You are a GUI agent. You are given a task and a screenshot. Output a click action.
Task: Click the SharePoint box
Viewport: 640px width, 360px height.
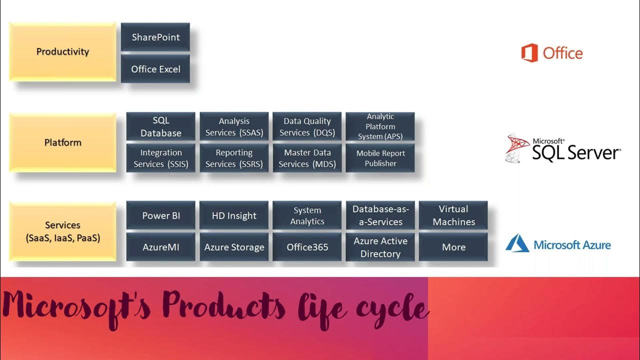(155, 37)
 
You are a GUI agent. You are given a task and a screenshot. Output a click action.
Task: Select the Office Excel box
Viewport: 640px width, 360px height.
(155, 69)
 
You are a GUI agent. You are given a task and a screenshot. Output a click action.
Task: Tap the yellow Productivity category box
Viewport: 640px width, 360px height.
(62, 51)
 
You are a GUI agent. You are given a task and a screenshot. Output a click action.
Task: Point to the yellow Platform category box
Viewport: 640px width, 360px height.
(62, 142)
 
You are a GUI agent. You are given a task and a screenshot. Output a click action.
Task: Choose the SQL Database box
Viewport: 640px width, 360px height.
(160, 126)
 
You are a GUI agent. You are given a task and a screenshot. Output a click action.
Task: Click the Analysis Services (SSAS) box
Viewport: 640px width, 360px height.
(234, 126)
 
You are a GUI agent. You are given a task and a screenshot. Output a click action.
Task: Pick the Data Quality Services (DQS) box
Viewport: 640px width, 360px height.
(307, 126)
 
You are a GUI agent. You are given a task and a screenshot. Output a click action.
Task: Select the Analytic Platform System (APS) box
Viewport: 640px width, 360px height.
(380, 126)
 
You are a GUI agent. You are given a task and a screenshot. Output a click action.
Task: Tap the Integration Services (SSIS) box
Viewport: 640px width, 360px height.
(160, 158)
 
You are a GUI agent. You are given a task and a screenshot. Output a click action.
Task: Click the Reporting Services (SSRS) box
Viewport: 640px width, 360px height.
(234, 158)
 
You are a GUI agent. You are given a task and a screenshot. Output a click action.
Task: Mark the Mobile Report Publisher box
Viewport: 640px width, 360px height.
(380, 158)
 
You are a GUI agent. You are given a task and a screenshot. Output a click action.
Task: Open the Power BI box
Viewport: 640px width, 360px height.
(160, 215)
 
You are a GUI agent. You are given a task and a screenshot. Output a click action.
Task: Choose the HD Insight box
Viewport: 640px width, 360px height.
(234, 215)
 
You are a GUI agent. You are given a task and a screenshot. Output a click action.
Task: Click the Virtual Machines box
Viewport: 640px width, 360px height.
(453, 215)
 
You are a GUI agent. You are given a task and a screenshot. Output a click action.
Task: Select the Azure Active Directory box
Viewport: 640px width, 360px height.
(380, 247)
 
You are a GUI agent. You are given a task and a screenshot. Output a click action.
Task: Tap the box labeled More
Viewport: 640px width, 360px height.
(453, 247)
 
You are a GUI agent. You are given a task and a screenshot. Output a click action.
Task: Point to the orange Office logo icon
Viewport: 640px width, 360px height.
(529, 53)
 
